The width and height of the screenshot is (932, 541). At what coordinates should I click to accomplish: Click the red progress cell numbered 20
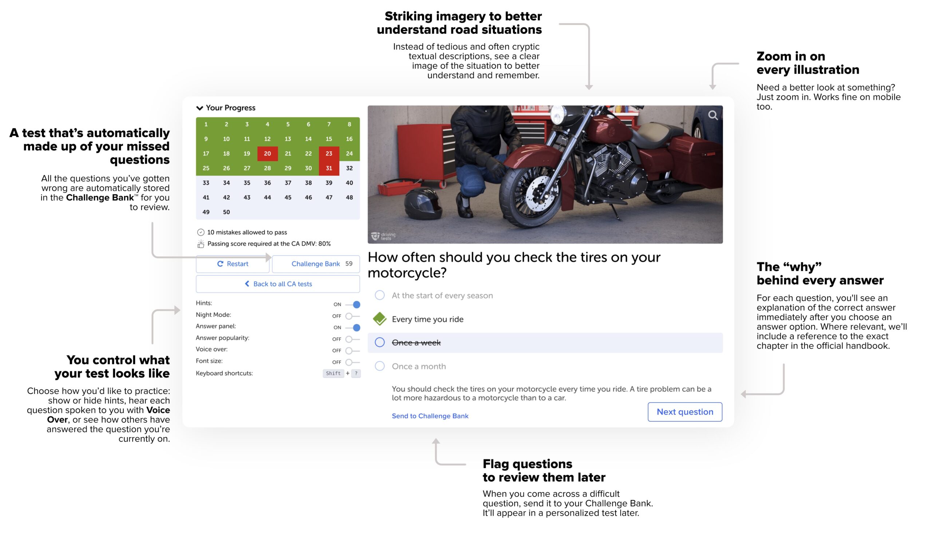[267, 154]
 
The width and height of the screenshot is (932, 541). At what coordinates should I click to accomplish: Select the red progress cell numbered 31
[329, 168]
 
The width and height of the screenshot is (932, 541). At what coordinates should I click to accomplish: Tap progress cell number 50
[226, 212]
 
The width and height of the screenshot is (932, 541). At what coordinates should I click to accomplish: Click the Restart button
[233, 264]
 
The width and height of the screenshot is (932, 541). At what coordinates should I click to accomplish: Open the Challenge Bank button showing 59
[316, 264]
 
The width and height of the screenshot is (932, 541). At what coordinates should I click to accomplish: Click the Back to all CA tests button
[278, 284]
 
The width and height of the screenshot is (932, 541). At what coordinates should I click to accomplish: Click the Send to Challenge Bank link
[430, 416]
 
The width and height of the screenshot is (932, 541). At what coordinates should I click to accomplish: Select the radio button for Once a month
[380, 366]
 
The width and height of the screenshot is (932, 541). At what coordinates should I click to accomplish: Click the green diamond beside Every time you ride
[380, 319]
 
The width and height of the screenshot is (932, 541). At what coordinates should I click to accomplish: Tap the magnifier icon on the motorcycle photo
[713, 115]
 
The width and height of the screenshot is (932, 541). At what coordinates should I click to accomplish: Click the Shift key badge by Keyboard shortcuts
[333, 373]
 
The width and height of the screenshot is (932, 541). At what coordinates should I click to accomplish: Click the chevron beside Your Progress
[200, 108]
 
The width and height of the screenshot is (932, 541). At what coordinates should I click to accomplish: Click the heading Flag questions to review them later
[544, 471]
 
